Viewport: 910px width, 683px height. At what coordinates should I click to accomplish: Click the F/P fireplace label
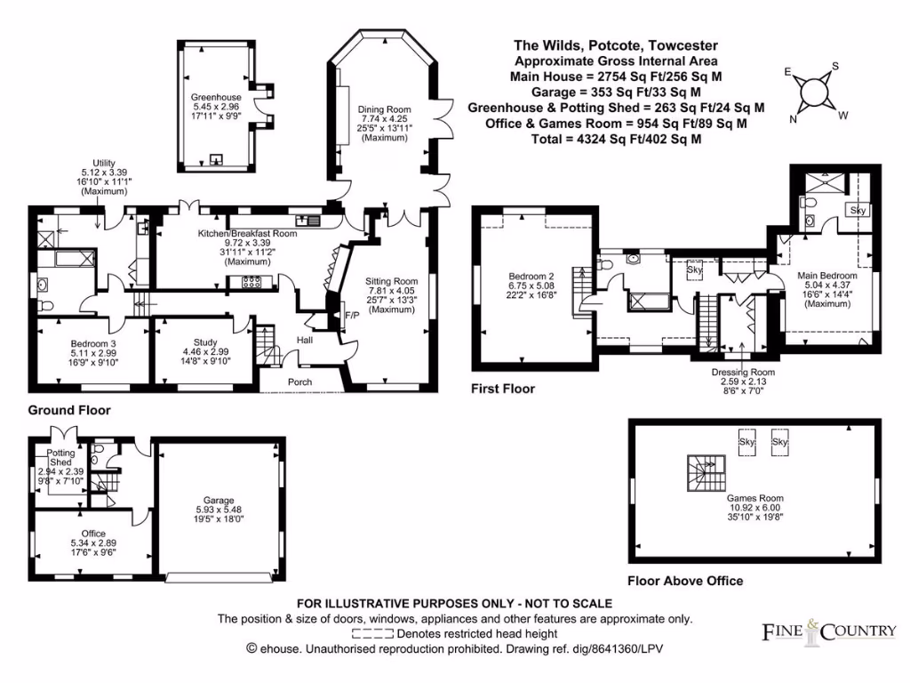pos(352,316)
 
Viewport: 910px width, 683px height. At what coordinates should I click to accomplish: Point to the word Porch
pos(299,382)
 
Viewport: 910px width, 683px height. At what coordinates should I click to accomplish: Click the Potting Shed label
pos(61,458)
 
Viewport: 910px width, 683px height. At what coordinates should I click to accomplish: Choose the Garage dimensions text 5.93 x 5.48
pos(220,510)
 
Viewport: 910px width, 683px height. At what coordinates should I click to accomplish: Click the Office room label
pos(93,533)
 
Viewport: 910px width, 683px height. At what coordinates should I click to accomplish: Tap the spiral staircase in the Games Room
pos(705,471)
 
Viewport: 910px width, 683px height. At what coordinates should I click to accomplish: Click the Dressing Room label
pos(743,372)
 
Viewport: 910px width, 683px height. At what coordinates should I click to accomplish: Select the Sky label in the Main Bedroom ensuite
pos(857,210)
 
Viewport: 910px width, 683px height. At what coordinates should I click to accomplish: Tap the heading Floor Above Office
pos(684,581)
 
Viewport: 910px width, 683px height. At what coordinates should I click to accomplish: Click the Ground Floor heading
pos(69,410)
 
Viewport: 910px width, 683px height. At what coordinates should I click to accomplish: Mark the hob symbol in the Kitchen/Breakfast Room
pos(250,282)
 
